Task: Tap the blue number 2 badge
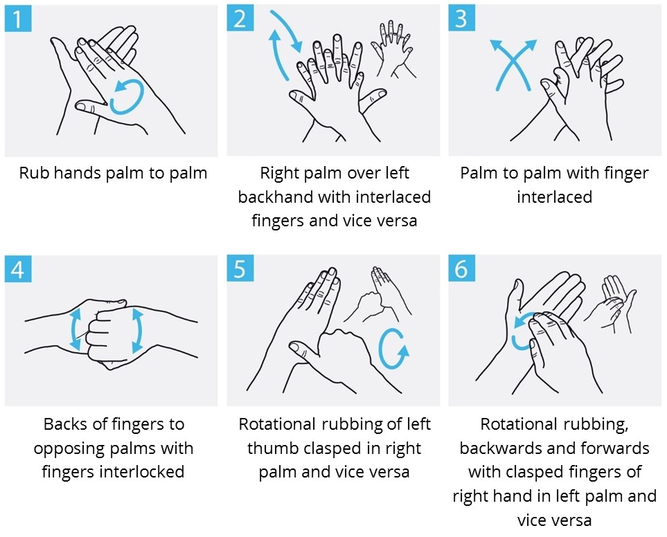240,18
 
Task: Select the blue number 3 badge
462,18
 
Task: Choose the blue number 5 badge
240,268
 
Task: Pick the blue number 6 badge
462,268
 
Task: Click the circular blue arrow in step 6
526,331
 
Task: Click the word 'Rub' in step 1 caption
32,173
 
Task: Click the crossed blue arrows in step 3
513,64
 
